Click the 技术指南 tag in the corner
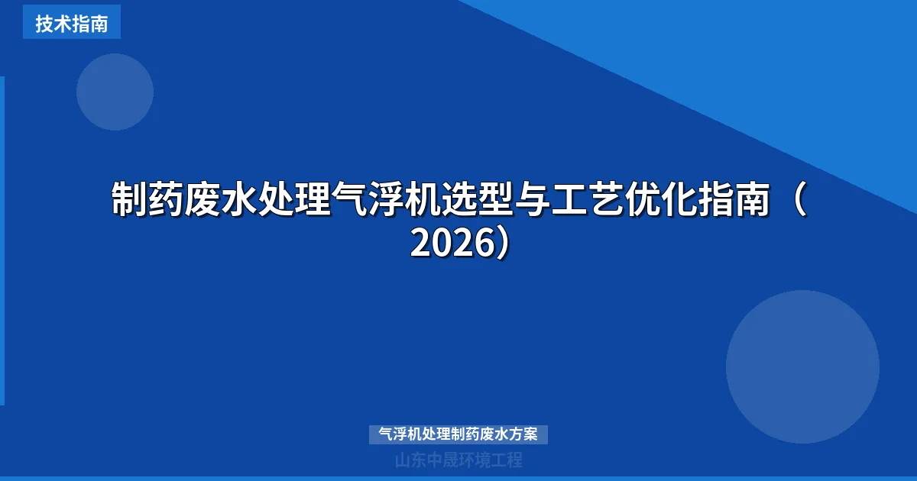(x=72, y=23)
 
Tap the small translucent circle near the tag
(x=115, y=92)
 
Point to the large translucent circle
(x=802, y=366)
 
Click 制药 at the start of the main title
(x=147, y=200)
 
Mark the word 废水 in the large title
(x=221, y=200)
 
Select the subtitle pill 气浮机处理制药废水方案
(x=458, y=434)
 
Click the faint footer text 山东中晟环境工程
(x=458, y=460)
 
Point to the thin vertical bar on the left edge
(x=2, y=240)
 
